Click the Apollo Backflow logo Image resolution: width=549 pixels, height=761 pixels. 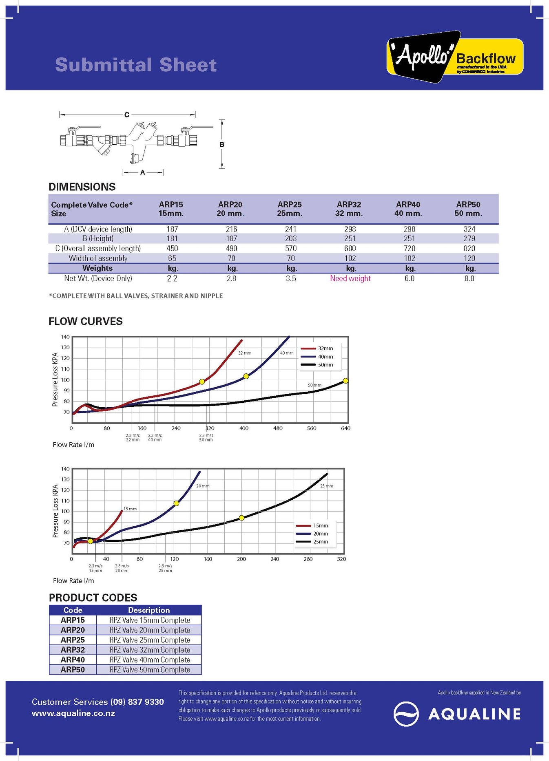(x=454, y=57)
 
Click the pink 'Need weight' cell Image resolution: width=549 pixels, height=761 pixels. (x=350, y=278)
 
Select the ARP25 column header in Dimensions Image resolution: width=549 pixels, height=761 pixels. (x=290, y=209)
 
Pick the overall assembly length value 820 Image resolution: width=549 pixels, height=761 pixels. (x=469, y=248)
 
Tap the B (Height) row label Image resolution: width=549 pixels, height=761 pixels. (x=98, y=238)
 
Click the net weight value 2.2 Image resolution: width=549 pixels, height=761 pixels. (x=172, y=278)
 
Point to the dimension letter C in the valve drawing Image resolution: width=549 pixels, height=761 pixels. (x=127, y=115)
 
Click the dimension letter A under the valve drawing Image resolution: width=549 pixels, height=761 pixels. (x=143, y=172)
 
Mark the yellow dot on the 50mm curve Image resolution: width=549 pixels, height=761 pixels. (x=345, y=381)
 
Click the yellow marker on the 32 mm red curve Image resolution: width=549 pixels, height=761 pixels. (x=202, y=382)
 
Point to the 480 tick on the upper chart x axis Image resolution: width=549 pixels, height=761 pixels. (x=278, y=428)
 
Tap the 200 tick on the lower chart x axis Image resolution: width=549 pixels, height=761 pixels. (x=241, y=559)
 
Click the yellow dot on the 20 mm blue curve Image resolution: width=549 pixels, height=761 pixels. (x=176, y=503)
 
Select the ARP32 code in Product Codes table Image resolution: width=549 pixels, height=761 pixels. (x=73, y=650)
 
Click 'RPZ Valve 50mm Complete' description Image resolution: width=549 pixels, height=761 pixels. (x=150, y=670)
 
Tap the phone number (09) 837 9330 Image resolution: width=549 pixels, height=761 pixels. (x=137, y=702)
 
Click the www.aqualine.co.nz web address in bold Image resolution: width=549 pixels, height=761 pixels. (x=73, y=713)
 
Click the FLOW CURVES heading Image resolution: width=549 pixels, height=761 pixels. (x=86, y=321)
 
